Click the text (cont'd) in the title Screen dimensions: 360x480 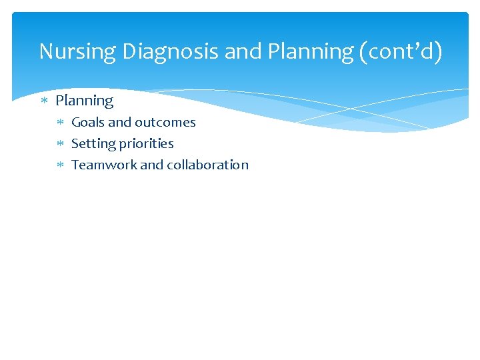[x=401, y=51]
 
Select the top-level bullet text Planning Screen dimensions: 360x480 [x=85, y=101]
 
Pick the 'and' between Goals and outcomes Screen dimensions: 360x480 [x=120, y=122]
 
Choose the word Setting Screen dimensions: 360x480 [x=93, y=143]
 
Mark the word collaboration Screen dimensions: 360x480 [x=207, y=165]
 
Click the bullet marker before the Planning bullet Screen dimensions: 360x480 [x=44, y=101]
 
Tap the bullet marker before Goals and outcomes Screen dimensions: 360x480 [x=60, y=123]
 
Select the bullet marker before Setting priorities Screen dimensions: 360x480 [x=60, y=144]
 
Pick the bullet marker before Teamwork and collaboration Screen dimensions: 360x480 [x=60, y=165]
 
